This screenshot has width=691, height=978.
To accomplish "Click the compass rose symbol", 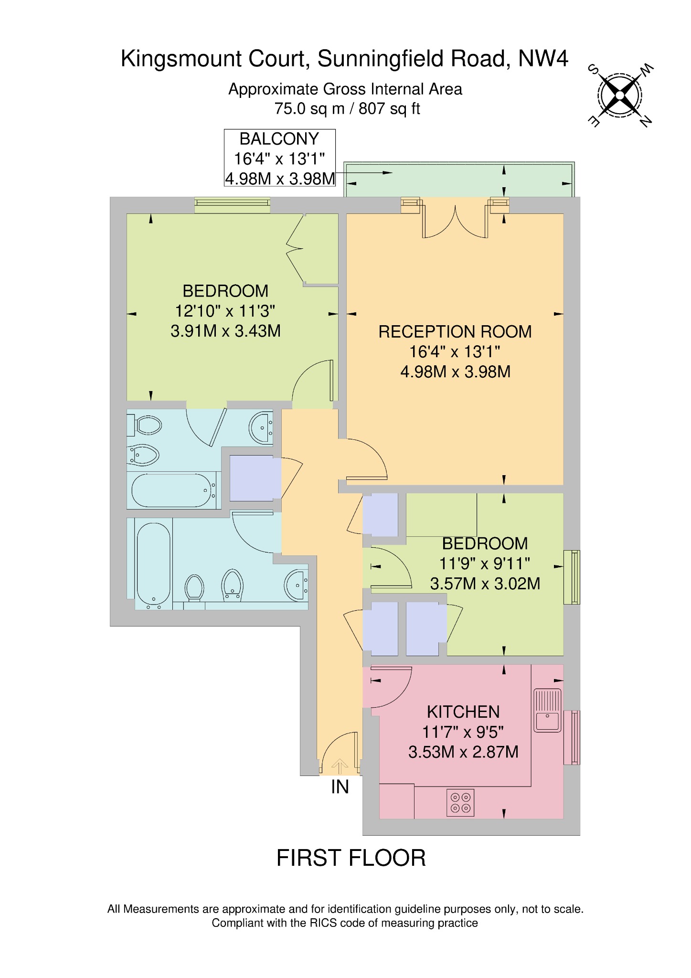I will tap(620, 96).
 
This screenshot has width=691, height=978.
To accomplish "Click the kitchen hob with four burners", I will tap(460, 802).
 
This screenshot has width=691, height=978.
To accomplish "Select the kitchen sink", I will tap(547, 710).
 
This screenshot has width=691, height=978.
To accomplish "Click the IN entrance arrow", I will tap(340, 766).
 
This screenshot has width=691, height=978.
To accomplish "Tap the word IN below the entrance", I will tap(340, 787).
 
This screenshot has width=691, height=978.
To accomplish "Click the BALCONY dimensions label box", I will tap(280, 158).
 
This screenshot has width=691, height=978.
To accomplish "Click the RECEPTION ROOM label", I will tap(455, 332).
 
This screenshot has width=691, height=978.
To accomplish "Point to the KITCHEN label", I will tap(463, 712).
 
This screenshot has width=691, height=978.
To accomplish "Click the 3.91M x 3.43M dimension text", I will tap(225, 331).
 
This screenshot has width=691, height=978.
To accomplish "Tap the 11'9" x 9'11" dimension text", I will tap(484, 563).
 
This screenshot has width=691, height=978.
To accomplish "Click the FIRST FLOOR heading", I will tap(351, 858).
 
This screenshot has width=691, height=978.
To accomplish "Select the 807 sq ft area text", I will tap(389, 109).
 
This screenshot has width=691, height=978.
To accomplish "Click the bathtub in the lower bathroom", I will tap(153, 563).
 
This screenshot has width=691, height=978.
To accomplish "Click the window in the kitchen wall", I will tap(572, 737).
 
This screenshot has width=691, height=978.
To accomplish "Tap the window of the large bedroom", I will tap(232, 205).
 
